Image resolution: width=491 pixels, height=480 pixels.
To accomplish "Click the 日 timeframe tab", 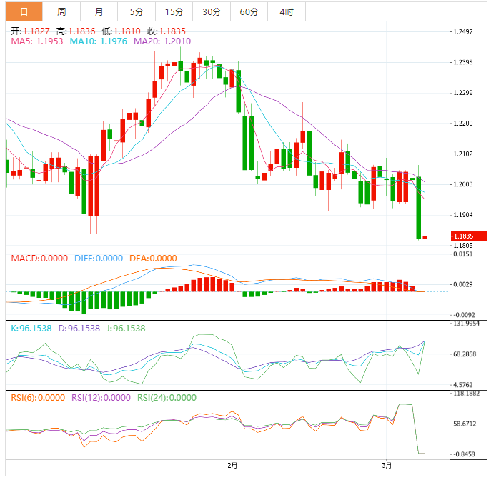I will tap(24, 11).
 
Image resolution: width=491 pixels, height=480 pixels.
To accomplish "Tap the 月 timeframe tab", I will tap(99, 11).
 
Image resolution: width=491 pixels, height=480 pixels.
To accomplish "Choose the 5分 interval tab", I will tap(136, 11).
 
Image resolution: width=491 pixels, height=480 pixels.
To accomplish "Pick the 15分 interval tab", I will tap(173, 11).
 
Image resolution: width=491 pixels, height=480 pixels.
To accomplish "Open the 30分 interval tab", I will tap(211, 11).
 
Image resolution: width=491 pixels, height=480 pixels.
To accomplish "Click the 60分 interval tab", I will tap(249, 11).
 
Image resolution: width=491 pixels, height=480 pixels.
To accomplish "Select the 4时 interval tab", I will tap(286, 11).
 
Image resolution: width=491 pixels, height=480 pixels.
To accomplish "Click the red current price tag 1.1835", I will tap(468, 236).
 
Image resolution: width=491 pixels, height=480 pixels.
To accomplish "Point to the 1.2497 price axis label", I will tap(464, 32).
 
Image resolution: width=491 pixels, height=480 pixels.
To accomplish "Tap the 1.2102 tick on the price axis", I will tap(464, 154).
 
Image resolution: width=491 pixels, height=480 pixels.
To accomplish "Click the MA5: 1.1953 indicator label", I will tap(37, 42).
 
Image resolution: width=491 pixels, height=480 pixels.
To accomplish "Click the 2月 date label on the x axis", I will tap(232, 464).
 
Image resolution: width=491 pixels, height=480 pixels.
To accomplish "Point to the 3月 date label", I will tap(386, 464).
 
